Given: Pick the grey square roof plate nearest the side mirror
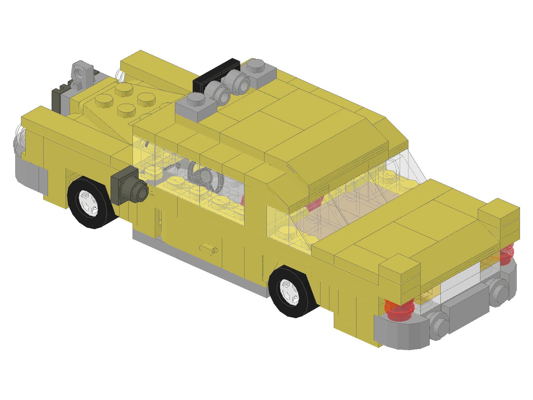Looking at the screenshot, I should [x=196, y=105].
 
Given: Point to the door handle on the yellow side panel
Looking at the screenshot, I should [x=209, y=248].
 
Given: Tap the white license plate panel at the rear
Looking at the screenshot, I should [x=460, y=277].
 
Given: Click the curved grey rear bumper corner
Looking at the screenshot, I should [x=400, y=332].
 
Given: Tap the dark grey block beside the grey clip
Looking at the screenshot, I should [x=58, y=98].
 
